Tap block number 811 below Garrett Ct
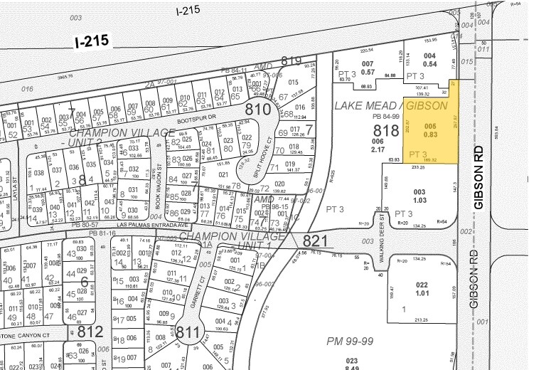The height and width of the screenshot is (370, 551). (x=188, y=332)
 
